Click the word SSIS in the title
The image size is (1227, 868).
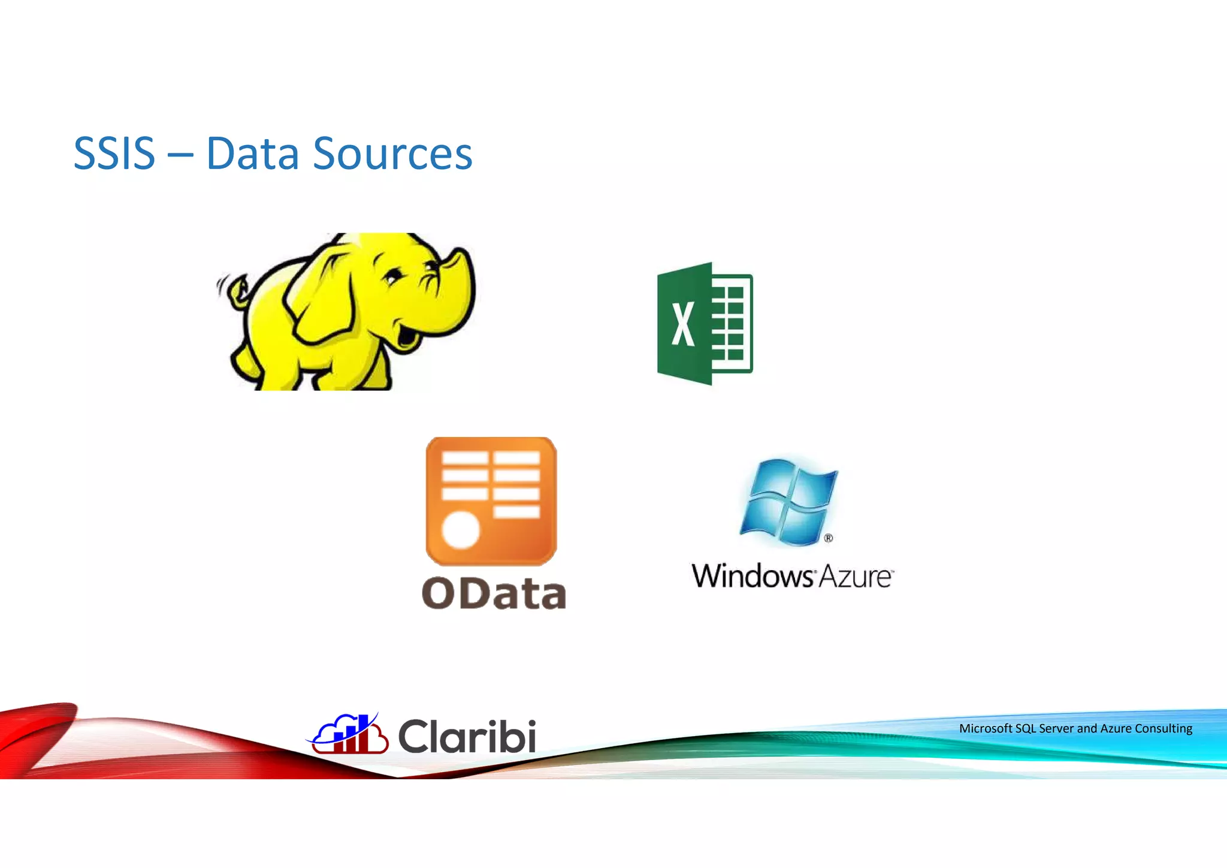pos(114,153)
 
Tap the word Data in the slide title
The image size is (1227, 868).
pos(252,153)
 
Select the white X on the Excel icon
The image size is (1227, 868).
pos(683,324)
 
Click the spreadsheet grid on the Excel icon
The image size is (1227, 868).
pos(731,324)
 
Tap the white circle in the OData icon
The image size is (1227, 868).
pos(461,530)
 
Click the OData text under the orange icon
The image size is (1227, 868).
pos(494,593)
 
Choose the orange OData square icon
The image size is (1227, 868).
pos(491,501)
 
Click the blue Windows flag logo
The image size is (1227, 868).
pos(788,501)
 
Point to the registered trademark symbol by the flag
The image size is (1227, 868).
pos(829,538)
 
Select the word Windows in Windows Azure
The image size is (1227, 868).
pos(752,576)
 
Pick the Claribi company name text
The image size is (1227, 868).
pos(467,736)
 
